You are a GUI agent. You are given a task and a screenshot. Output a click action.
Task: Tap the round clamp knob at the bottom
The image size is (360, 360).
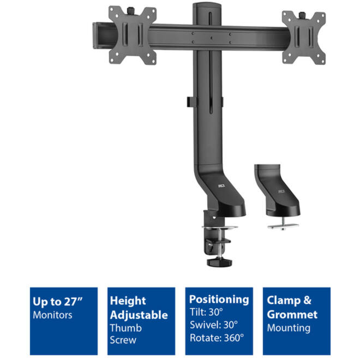click(x=219, y=262)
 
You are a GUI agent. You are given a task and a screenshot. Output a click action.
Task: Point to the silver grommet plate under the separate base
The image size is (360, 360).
click(x=283, y=226)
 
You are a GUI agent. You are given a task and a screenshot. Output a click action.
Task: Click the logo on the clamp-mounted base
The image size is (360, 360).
click(x=221, y=185)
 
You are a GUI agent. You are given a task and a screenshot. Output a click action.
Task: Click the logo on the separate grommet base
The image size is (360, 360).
click(x=281, y=191)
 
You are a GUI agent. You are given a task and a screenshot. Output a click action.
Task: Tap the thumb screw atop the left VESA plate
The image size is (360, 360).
click(x=131, y=10)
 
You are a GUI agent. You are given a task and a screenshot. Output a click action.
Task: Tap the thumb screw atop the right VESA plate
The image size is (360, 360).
click(x=302, y=15)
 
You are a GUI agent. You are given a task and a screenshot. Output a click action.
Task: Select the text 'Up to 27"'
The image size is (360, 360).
click(x=57, y=302)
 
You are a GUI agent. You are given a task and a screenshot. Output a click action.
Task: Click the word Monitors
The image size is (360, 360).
click(x=52, y=315)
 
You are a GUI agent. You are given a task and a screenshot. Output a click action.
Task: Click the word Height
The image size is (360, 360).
click(x=128, y=301)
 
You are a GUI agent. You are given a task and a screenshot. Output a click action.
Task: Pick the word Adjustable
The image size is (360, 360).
click(x=139, y=315)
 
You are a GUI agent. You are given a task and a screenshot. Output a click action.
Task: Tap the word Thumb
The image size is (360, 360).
click(x=126, y=328)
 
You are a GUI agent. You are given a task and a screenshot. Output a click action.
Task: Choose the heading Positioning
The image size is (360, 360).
click(x=219, y=299)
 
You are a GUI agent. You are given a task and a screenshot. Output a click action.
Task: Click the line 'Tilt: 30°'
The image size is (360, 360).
click(x=206, y=312)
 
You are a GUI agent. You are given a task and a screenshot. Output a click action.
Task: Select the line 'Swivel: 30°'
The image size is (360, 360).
click(x=213, y=325)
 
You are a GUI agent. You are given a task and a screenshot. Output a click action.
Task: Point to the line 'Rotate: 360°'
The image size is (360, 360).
click(x=217, y=338)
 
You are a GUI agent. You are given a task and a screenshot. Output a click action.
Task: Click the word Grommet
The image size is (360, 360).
click(x=292, y=315)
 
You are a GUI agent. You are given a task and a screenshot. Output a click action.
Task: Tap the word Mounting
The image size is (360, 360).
click(x=289, y=328)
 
